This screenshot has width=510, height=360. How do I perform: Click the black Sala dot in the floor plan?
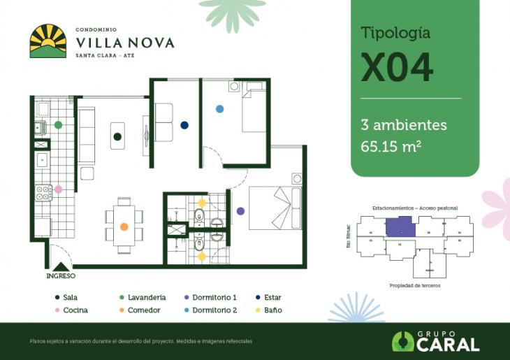tap(117, 136)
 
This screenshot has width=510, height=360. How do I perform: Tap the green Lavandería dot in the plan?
tap(59, 124)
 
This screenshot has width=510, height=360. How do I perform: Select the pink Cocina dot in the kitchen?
tap(59, 189)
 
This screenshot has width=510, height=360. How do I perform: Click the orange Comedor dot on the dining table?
tap(124, 226)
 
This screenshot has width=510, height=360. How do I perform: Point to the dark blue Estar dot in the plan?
tap(184, 125)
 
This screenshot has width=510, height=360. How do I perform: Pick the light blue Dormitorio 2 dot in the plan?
tap(219, 109)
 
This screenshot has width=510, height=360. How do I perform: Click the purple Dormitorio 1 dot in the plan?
tap(240, 210)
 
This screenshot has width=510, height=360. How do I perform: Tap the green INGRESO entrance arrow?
tap(61, 266)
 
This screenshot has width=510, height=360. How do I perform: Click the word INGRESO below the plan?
tap(61, 276)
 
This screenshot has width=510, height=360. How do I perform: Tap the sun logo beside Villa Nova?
tap(48, 41)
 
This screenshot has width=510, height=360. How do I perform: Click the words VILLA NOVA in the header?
tap(124, 42)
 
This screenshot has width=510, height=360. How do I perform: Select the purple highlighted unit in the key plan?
tap(400, 226)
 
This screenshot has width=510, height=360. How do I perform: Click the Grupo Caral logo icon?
tap(403, 341)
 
